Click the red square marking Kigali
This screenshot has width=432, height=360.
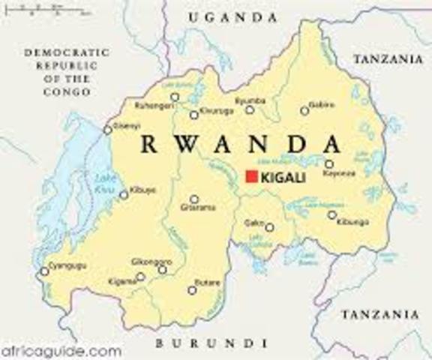(x=251, y=177)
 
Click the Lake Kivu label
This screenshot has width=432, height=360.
(x=106, y=182)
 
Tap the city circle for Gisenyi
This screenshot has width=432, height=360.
(x=108, y=130)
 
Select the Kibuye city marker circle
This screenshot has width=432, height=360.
(x=124, y=194)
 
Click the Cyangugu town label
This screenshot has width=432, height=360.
(x=66, y=265)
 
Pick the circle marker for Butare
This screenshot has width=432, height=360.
(x=192, y=290)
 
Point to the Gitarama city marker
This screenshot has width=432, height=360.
(x=194, y=199)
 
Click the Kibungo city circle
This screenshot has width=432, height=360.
(x=331, y=215)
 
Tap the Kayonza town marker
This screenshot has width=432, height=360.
(x=328, y=163)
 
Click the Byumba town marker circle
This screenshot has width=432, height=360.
(x=249, y=109)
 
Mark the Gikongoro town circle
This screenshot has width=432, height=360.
(x=162, y=269)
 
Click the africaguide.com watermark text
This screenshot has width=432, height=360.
(x=61, y=349)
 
